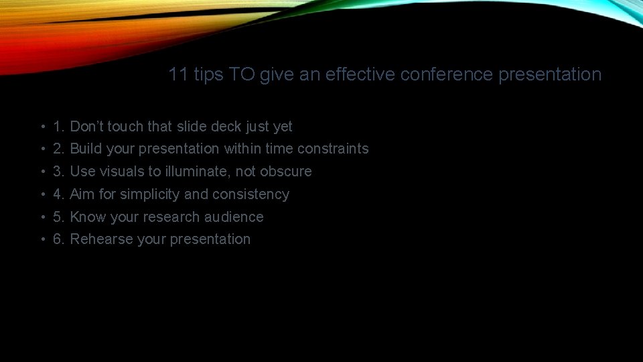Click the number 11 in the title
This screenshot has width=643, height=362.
point(178,74)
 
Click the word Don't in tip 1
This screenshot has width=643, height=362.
point(86,127)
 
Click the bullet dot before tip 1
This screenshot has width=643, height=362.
point(42,127)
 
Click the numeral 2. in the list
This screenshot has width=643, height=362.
point(59,149)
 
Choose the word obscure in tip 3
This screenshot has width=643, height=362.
point(286,172)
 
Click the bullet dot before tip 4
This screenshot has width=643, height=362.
point(42,194)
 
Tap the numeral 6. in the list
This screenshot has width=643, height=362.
point(59,239)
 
